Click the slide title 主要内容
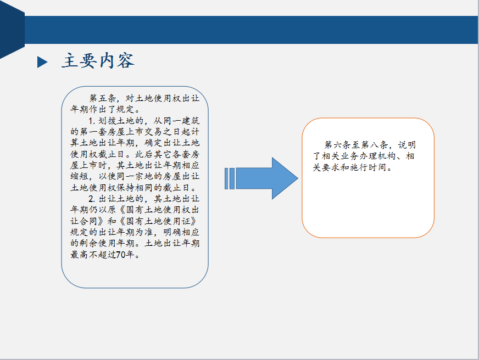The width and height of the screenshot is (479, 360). click(x=98, y=60)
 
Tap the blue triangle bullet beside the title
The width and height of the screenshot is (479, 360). click(x=42, y=62)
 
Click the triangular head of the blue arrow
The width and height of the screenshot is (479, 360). click(x=284, y=178)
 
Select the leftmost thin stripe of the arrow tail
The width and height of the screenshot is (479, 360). click(x=226, y=178)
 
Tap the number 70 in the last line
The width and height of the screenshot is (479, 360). click(x=121, y=255)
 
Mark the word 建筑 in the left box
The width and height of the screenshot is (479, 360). click(x=191, y=121)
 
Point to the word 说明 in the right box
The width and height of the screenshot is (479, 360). click(x=406, y=145)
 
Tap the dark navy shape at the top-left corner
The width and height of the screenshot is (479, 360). click(x=12, y=29)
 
